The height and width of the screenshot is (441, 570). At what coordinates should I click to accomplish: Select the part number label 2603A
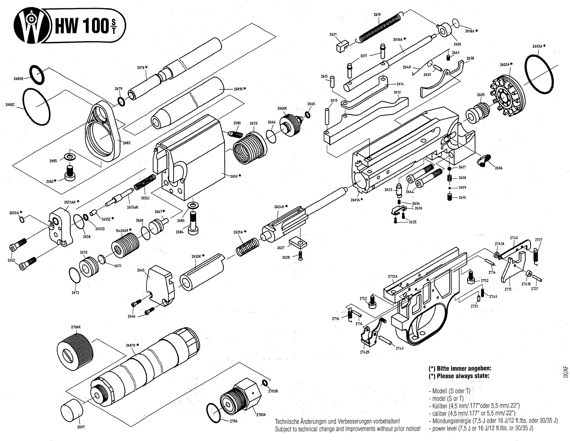(x=538, y=46)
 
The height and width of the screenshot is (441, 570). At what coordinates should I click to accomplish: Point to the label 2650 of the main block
(x=234, y=176)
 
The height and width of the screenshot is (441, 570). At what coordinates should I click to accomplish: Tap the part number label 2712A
(x=392, y=276)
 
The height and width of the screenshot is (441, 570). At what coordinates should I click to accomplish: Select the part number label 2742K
(x=365, y=352)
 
